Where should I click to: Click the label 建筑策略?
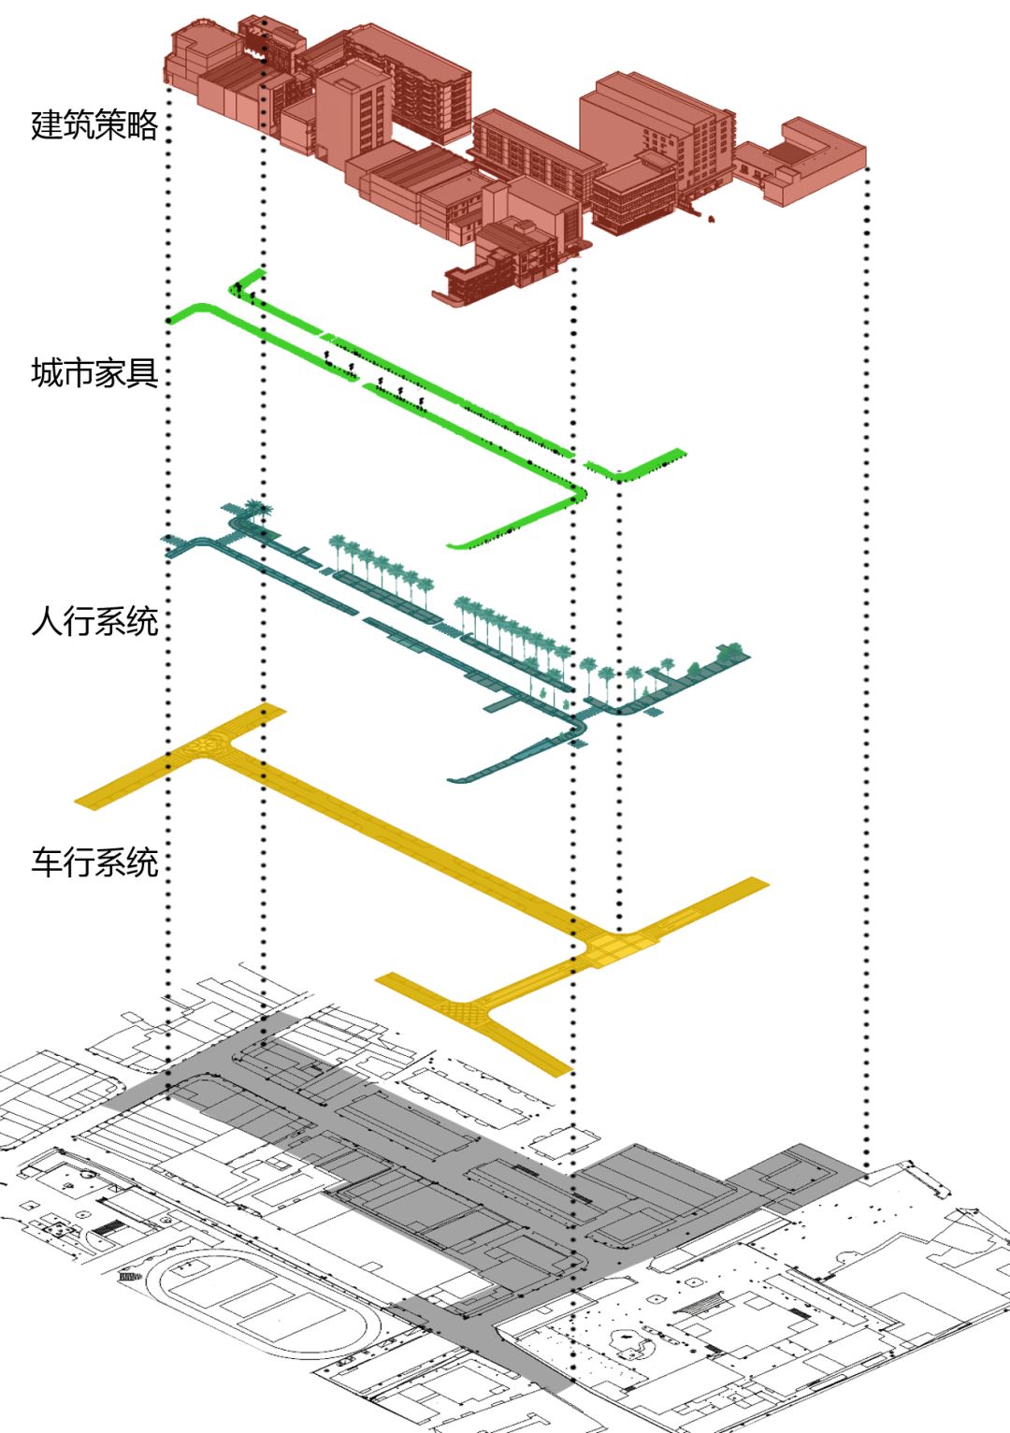point(94,124)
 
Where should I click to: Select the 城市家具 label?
point(94,373)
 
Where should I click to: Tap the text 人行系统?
point(94,621)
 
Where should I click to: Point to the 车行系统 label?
point(94,861)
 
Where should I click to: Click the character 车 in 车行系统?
point(47,861)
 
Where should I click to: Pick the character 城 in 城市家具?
point(47,373)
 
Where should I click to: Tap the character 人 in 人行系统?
point(47,621)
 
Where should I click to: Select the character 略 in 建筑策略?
point(142,124)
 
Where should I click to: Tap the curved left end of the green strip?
point(182,312)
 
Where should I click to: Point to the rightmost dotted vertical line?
point(868,655)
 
